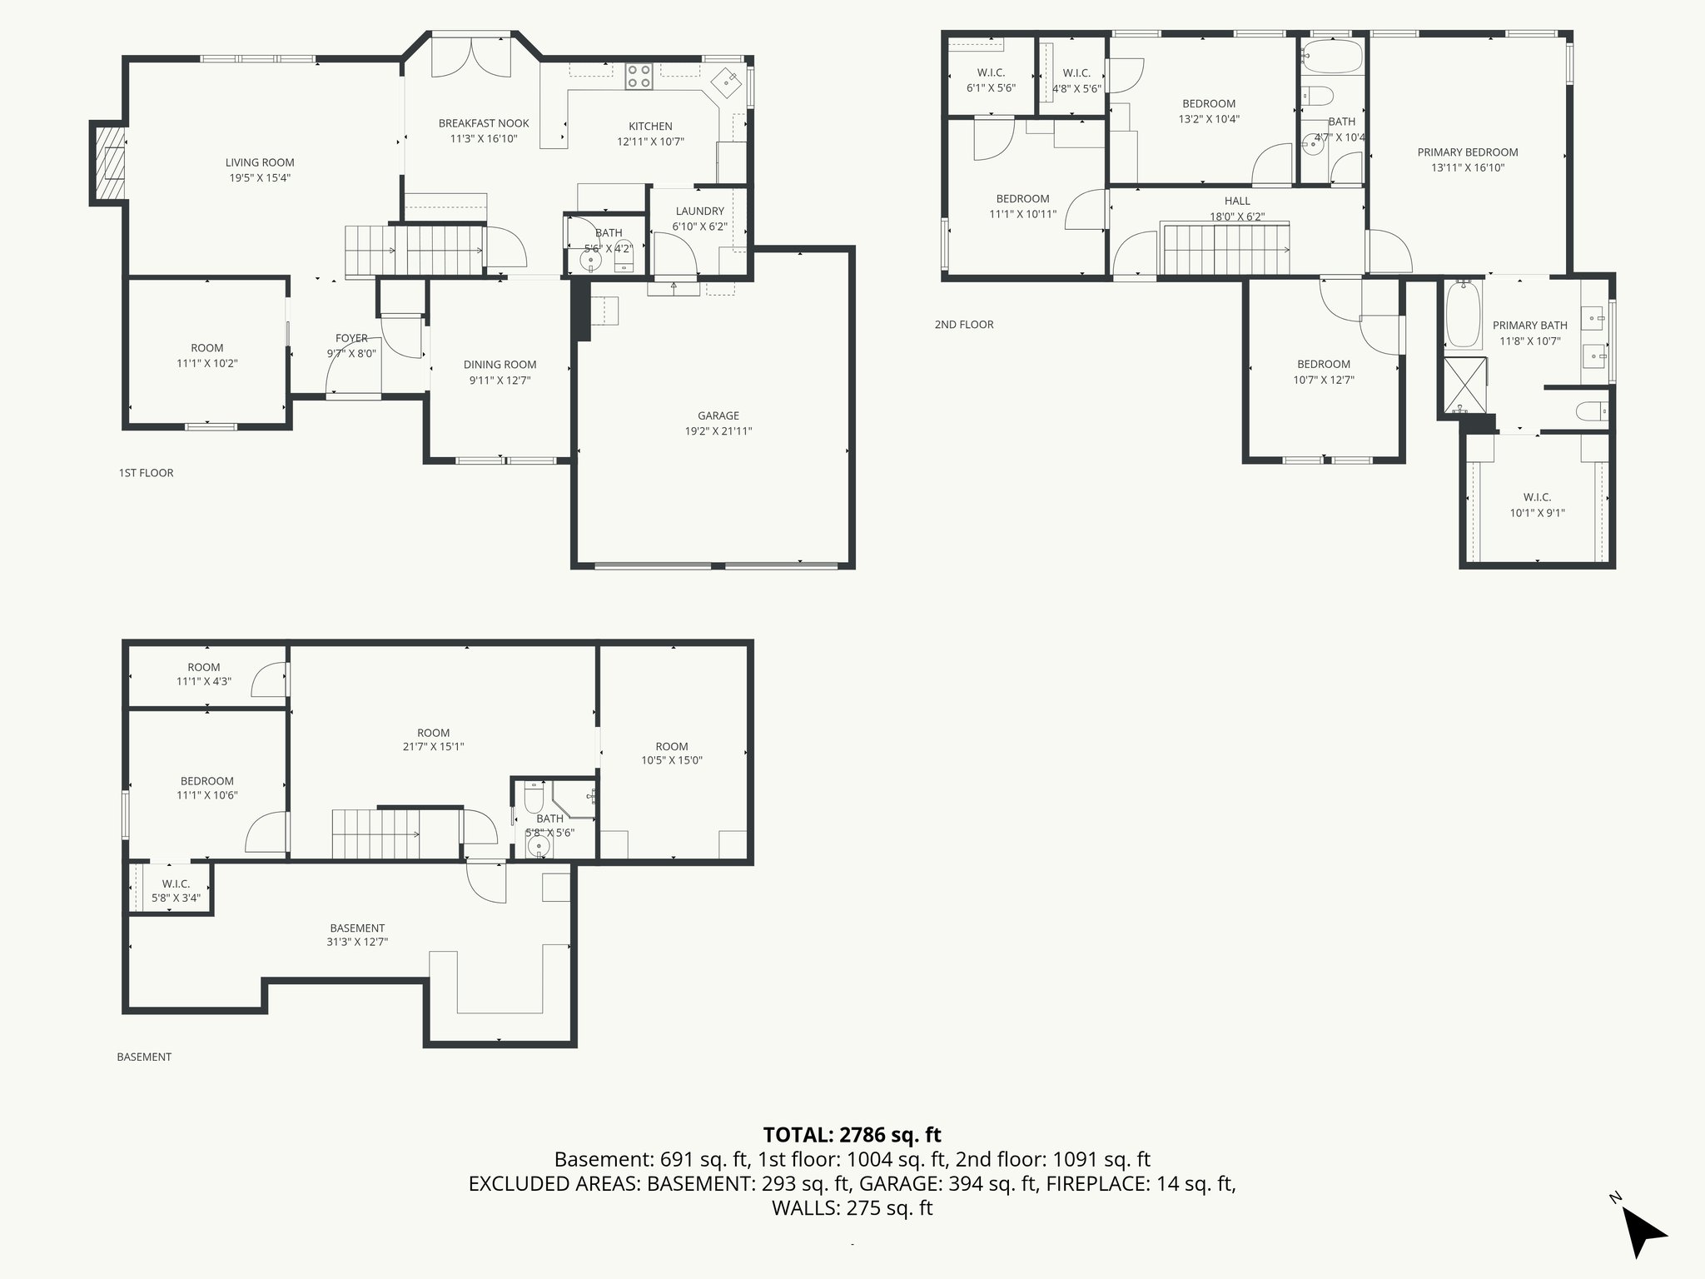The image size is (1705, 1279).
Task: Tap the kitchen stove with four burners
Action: [639, 77]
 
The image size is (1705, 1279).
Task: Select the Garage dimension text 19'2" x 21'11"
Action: [718, 431]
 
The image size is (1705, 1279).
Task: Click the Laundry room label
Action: [699, 212]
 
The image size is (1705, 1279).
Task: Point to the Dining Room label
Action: [500, 365]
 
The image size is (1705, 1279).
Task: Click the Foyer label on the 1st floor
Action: [351, 338]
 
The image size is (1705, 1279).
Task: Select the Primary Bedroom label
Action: [1467, 152]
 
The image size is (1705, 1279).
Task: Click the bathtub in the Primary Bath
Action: [1463, 315]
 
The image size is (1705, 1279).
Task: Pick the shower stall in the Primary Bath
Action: [1464, 385]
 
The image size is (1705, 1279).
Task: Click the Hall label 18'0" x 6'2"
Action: [1237, 202]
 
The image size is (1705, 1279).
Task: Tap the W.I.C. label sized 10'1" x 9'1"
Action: [1537, 497]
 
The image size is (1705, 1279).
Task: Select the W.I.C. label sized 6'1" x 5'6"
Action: [991, 73]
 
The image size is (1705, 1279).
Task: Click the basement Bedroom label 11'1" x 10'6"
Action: [206, 781]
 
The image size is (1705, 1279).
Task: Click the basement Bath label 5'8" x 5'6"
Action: [549, 819]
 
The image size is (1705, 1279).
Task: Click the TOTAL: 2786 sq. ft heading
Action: [852, 1134]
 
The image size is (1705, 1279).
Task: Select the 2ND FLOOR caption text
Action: [964, 325]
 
